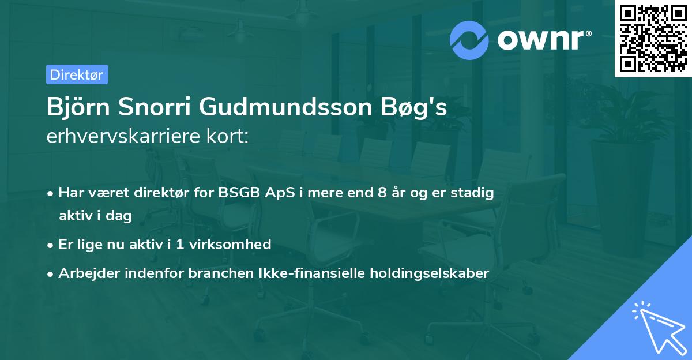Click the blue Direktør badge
click(x=77, y=74)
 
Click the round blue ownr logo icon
click(x=469, y=40)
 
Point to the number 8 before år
click(x=382, y=193)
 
